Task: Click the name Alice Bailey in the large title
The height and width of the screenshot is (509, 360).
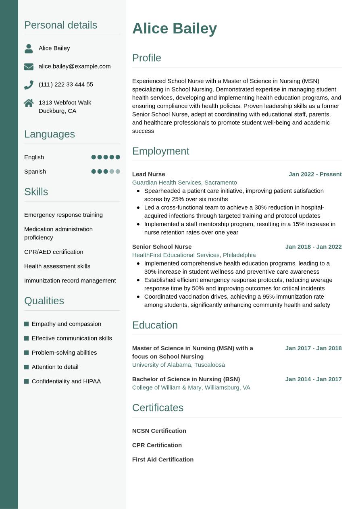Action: pos(174,29)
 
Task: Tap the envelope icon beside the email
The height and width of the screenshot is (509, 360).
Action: pos(29,66)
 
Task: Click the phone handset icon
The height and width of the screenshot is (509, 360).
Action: pos(29,85)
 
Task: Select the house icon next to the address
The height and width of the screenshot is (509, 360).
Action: pos(29,103)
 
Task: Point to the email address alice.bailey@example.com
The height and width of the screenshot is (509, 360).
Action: pos(75,66)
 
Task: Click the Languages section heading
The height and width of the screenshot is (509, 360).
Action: pos(50,134)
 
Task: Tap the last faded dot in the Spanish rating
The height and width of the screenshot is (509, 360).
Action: pos(118,171)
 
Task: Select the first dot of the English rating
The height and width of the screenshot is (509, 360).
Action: pos(94,157)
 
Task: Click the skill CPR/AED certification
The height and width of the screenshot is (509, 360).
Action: pos(54,252)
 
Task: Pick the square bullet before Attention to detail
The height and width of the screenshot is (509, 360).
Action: pos(27,367)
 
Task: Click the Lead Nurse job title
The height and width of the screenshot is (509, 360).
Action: pos(148,174)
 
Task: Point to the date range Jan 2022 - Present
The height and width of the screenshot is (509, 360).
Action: pos(315,174)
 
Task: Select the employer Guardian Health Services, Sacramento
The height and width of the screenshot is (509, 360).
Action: pos(184,183)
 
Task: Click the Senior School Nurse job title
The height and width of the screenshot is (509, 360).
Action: pos(162,247)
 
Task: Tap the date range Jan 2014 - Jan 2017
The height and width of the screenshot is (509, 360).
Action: pos(313,379)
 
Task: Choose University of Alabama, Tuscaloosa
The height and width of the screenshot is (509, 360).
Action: pos(178,365)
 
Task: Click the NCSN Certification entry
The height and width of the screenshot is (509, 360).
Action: pos(159,431)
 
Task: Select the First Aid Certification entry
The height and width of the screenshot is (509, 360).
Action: pos(162,459)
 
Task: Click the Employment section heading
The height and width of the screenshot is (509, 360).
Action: pos(160,151)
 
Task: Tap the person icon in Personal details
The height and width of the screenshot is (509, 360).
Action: pos(29,48)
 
